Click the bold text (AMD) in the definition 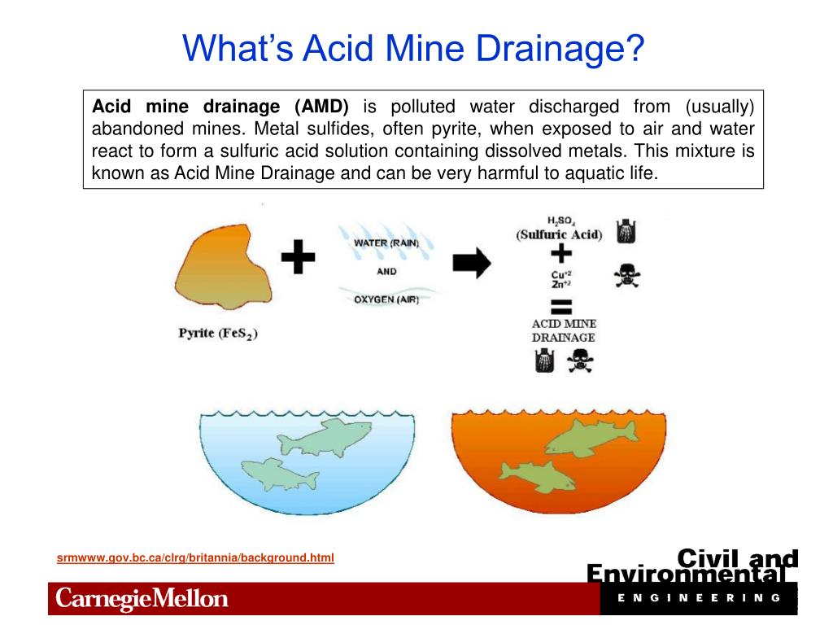pyautogui.click(x=321, y=107)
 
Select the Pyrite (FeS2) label pyautogui.click(x=218, y=333)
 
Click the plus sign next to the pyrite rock pyautogui.click(x=298, y=260)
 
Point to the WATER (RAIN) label pyautogui.click(x=386, y=243)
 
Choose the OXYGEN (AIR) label pyautogui.click(x=386, y=299)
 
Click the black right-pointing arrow pyautogui.click(x=472, y=262)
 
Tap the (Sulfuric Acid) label pyautogui.click(x=559, y=234)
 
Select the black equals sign pyautogui.click(x=561, y=308)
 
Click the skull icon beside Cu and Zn pyautogui.click(x=626, y=276)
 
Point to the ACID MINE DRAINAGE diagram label pyautogui.click(x=563, y=330)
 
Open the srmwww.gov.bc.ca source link pyautogui.click(x=195, y=557)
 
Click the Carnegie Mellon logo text pyautogui.click(x=142, y=600)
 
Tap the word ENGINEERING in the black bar pyautogui.click(x=699, y=597)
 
